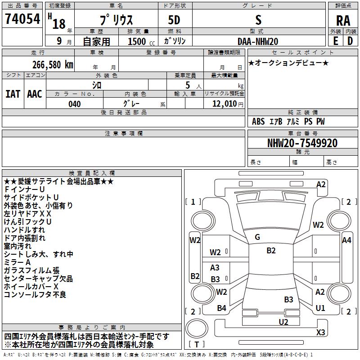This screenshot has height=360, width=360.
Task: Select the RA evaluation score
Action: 343,20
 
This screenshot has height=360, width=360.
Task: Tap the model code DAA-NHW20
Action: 258,41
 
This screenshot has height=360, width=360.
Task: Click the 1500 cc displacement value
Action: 137,41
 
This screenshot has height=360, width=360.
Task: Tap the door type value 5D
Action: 174,20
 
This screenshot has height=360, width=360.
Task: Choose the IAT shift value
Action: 13,94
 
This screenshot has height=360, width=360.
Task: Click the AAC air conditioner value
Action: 35,94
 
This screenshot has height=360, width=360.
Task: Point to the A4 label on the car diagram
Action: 346,240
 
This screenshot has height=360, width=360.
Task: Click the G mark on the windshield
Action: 257,237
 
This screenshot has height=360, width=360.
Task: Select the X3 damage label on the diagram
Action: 320,333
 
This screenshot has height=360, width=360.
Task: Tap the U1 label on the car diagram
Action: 320,308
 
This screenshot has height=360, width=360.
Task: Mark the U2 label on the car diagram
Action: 283,322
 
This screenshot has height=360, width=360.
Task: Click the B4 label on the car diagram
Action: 221,308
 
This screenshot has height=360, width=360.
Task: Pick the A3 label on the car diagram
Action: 215,268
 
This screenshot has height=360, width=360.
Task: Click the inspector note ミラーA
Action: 17,261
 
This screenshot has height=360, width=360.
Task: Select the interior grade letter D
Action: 350,41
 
